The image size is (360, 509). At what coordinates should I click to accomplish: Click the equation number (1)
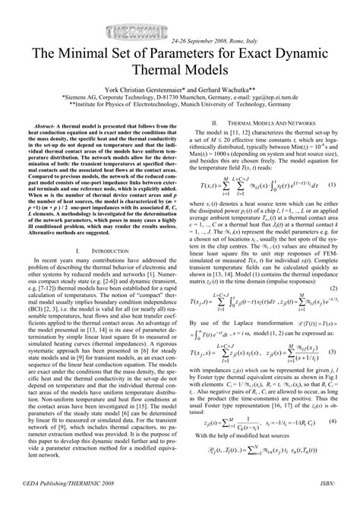332,185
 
